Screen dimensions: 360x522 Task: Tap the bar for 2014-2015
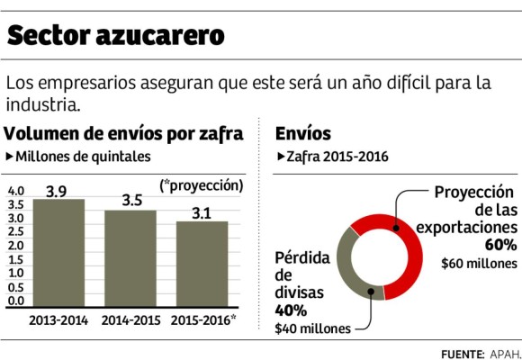pos(130,259)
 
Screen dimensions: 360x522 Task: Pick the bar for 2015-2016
pos(202,265)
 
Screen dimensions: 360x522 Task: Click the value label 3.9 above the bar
pos(57,190)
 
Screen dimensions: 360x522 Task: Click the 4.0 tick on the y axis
pos(16,192)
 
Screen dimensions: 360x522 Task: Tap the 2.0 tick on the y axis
pos(16,246)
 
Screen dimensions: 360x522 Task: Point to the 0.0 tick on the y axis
pos(16,300)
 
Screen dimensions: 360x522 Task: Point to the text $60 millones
pos(479,264)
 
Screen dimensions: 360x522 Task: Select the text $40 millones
pos(313,328)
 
